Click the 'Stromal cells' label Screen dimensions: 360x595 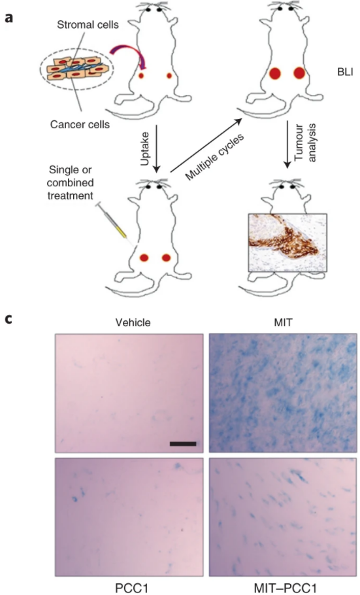88,25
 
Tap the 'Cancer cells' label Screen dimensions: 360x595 80,124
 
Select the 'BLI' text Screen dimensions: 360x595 345,72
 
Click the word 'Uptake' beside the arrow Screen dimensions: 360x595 145,148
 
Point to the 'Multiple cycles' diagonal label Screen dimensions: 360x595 215,156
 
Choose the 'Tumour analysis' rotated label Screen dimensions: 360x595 305,143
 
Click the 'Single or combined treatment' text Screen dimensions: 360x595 70,182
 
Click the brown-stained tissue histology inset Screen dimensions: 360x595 287,243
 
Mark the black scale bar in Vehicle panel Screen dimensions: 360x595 183,443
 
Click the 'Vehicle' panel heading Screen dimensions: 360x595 133,322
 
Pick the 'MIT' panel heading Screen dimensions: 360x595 284,322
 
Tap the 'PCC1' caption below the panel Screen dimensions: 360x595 131,588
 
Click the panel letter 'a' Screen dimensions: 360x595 9,18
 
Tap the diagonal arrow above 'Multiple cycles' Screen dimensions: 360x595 206,145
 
